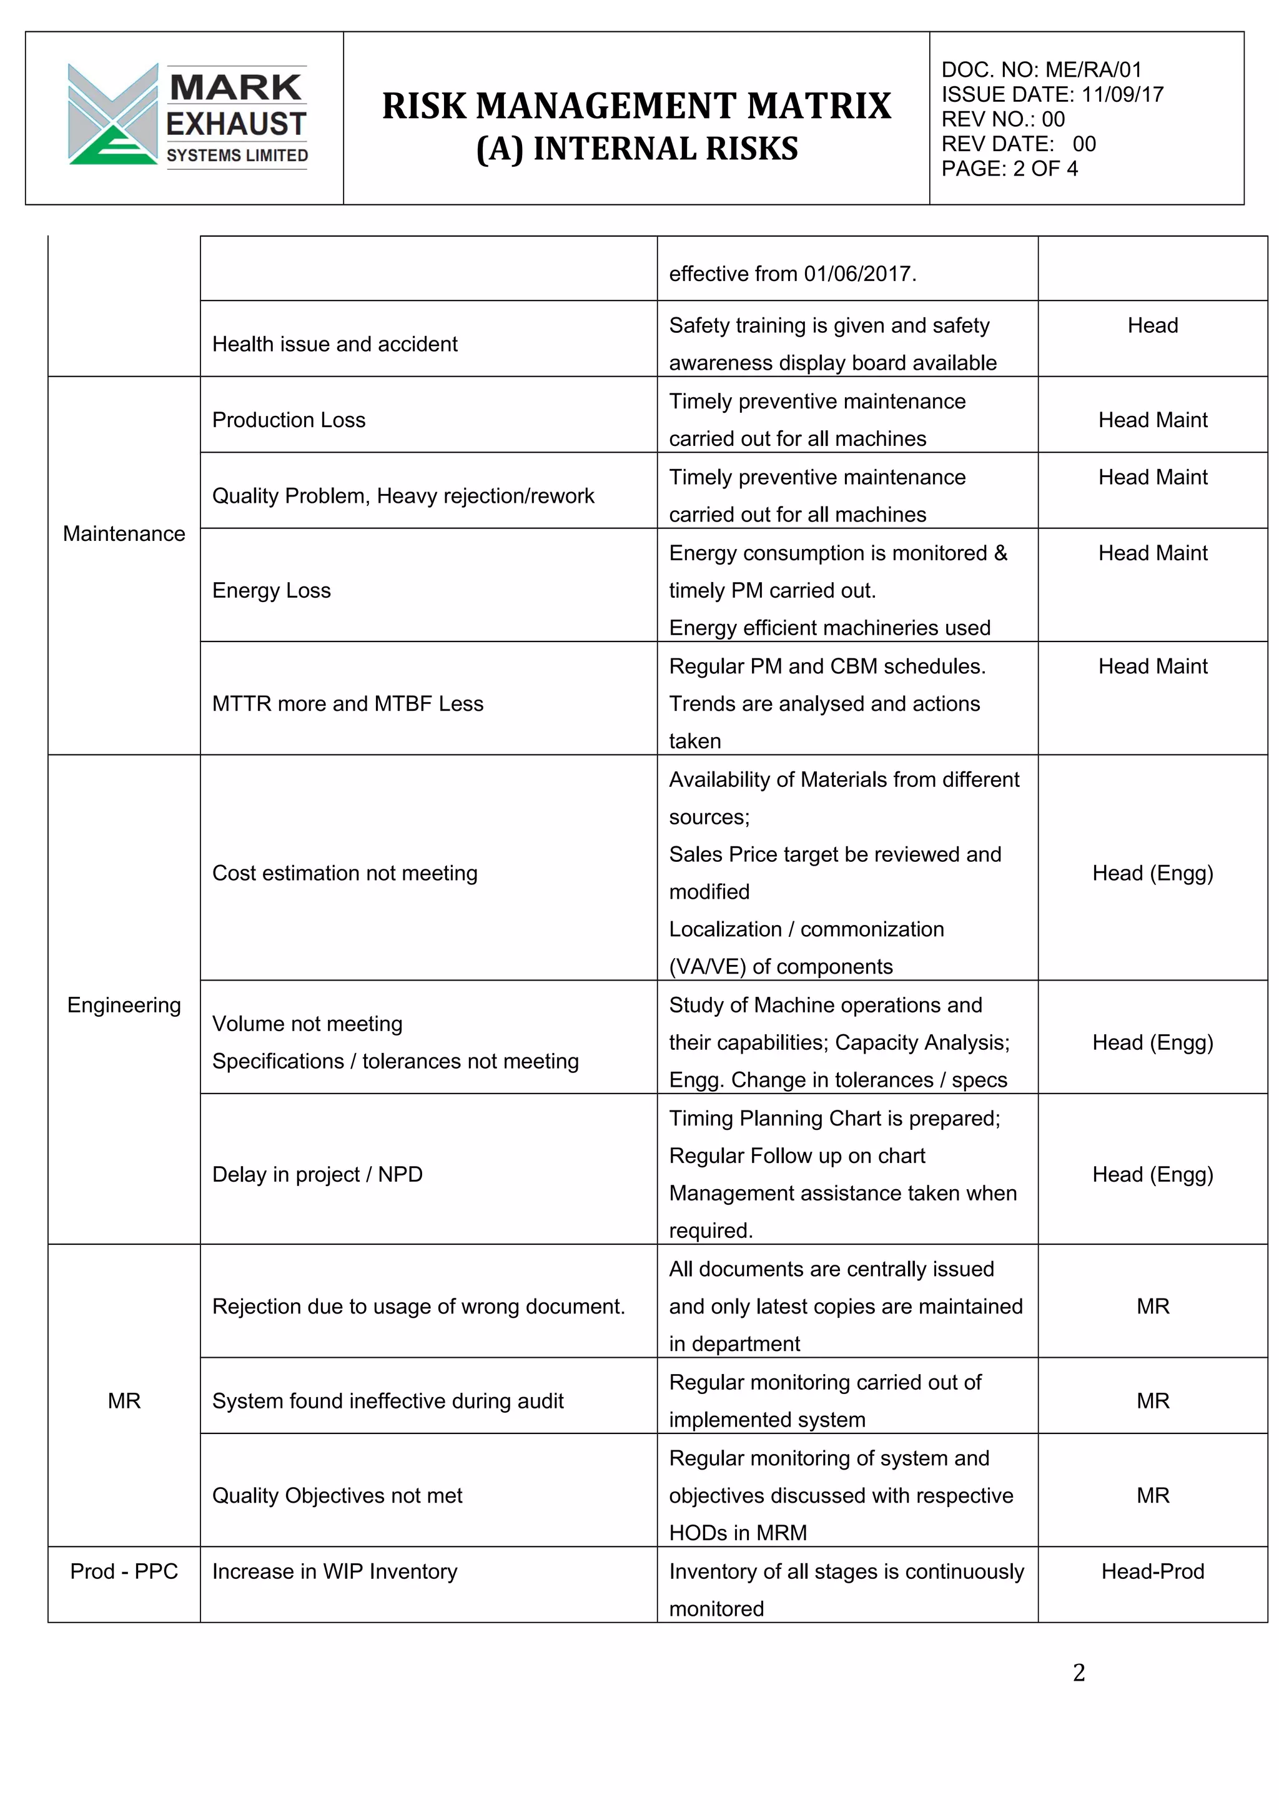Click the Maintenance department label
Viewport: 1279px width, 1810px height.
point(124,534)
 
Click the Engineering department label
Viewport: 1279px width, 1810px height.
point(124,1005)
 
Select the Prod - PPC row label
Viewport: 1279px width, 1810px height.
point(124,1571)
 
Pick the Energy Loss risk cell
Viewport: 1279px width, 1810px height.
point(271,590)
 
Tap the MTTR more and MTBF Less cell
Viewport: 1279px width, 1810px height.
point(347,703)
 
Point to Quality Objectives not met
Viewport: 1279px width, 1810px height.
point(337,1495)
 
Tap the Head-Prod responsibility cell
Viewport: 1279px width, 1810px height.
point(1152,1571)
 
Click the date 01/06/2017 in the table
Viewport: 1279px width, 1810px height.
point(857,274)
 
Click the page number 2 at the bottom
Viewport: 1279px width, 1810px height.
point(1078,1672)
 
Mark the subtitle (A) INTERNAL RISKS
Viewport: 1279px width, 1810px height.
point(637,148)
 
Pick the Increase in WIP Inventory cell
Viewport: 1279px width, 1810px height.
point(334,1571)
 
